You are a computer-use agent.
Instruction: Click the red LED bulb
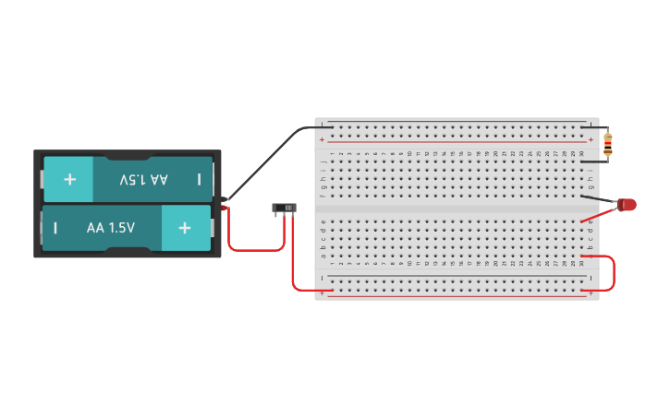(628, 205)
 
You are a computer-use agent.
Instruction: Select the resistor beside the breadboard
(607, 142)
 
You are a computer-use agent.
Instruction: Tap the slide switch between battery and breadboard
(284, 209)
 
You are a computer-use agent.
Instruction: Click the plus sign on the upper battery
(69, 179)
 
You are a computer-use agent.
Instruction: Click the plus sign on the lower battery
(185, 228)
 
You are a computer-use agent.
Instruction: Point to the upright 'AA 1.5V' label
(111, 228)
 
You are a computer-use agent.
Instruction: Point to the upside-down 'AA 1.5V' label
(143, 179)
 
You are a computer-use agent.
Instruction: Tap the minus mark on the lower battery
(55, 228)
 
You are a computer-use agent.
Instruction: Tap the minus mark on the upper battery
(199, 179)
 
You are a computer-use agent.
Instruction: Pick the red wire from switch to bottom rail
(294, 268)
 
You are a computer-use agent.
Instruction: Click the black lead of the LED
(601, 198)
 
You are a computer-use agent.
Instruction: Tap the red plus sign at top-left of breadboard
(322, 140)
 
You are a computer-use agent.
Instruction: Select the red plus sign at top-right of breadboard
(591, 140)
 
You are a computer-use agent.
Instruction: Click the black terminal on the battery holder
(225, 197)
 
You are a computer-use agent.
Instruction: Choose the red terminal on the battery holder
(225, 209)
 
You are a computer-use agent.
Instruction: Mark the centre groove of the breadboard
(457, 209)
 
